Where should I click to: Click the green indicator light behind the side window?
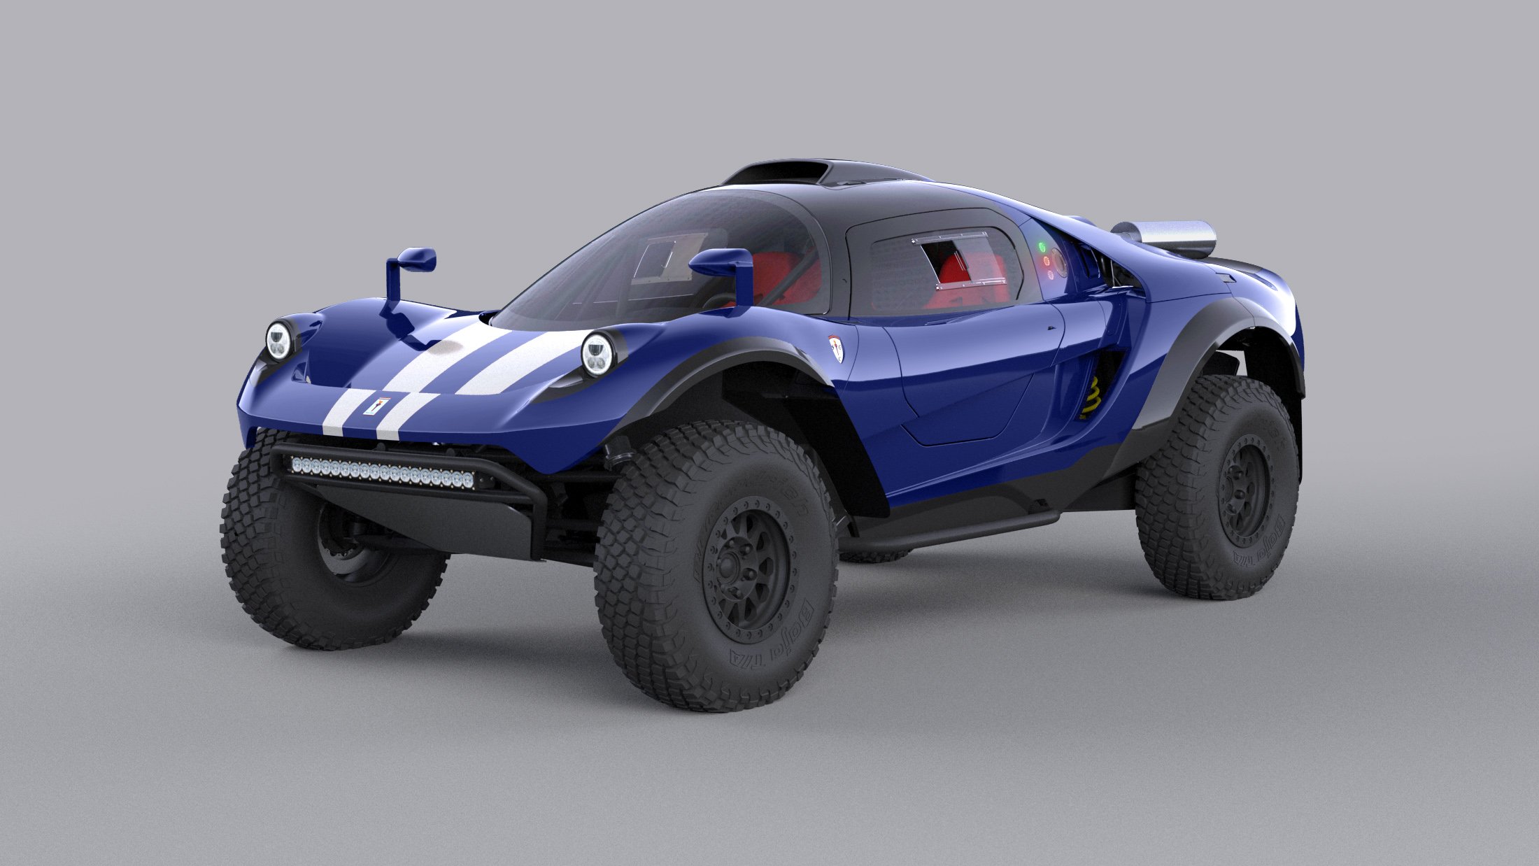tap(1042, 246)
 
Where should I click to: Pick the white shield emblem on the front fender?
tap(836, 348)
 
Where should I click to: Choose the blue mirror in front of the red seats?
tap(721, 264)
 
